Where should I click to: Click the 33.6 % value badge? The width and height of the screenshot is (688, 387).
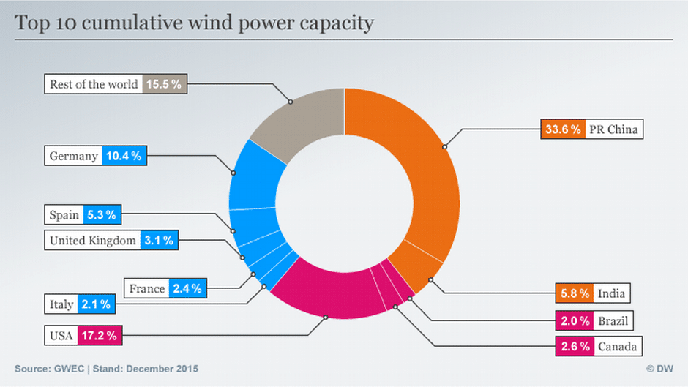563,129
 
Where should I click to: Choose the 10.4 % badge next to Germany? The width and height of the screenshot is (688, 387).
125,156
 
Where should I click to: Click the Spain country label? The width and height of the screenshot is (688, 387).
64,215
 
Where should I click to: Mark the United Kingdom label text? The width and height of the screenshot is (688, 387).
93,240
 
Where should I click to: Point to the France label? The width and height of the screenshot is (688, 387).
147,288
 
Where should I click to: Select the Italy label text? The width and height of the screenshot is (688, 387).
62,304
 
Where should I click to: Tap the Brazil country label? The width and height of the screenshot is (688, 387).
612,320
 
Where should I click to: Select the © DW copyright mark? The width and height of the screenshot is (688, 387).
660,369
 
